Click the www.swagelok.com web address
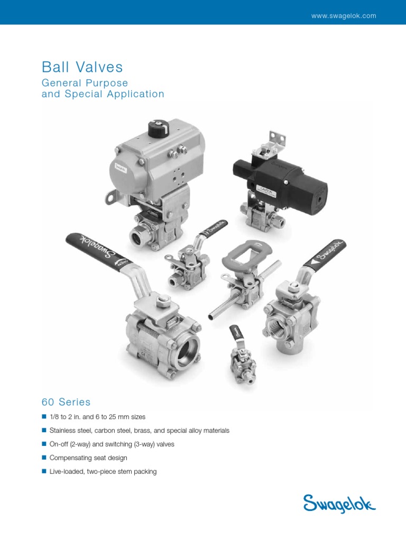pos(344,16)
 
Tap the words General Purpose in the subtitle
pos(85,83)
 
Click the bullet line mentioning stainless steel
pos(140,431)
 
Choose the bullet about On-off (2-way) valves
pos(112,444)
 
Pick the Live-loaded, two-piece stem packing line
pos(103,471)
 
